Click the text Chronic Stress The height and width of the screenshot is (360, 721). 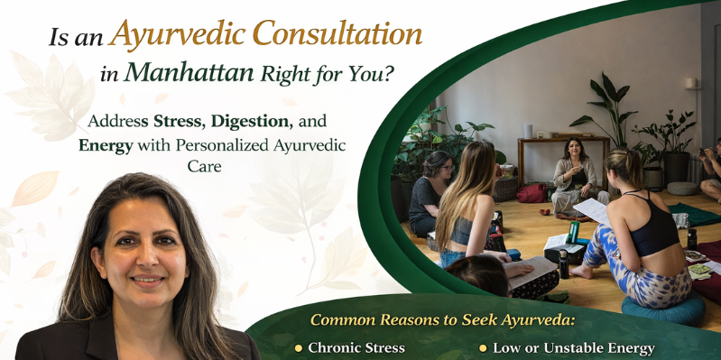click(x=356, y=347)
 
